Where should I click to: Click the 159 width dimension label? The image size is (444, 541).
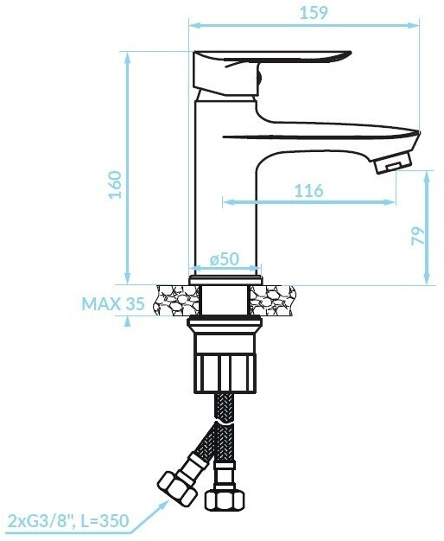coord(314,13)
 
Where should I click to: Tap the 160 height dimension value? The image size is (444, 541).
coord(116,185)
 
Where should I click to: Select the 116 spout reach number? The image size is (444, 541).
coord(308,191)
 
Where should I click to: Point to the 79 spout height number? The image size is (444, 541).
coord(418,236)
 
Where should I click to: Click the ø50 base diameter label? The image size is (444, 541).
coord(225,258)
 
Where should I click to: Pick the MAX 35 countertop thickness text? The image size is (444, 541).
coord(113,304)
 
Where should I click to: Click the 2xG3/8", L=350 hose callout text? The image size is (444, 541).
coord(68,520)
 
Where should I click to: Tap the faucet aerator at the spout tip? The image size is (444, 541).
coord(393,162)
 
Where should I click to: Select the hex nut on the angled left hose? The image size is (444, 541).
coord(177,488)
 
